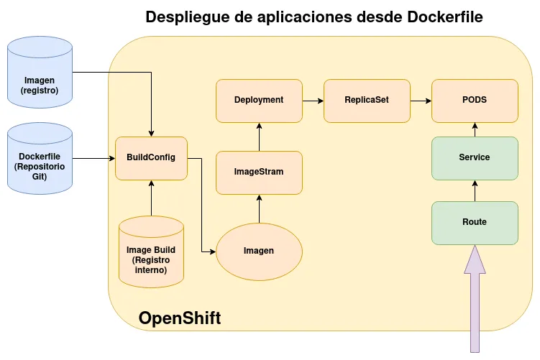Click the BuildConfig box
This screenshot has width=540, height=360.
151,158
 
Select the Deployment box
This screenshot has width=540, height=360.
259,100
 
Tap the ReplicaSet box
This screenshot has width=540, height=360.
367,100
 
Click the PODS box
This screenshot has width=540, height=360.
475,100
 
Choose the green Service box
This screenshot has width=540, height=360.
475,157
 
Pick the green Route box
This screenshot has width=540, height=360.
475,222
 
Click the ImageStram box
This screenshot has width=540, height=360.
259,172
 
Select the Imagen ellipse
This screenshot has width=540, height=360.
259,251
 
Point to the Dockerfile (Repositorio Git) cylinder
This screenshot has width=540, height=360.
40,162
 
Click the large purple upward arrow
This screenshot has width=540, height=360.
475,302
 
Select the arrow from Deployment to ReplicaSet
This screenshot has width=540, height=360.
313,101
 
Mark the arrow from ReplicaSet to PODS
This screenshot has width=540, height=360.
421,101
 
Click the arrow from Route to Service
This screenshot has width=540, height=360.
475,190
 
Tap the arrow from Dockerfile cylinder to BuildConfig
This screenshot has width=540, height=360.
93,158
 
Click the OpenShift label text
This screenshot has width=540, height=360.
179,318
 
